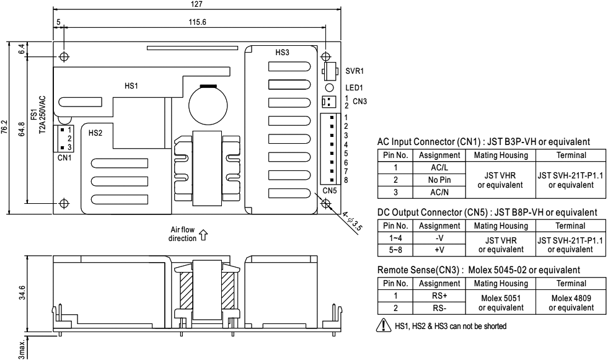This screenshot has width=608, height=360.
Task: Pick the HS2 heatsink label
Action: [x=95, y=132]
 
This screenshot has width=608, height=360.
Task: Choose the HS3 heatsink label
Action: [x=282, y=53]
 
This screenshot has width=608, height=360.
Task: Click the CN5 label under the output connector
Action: [x=329, y=190]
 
